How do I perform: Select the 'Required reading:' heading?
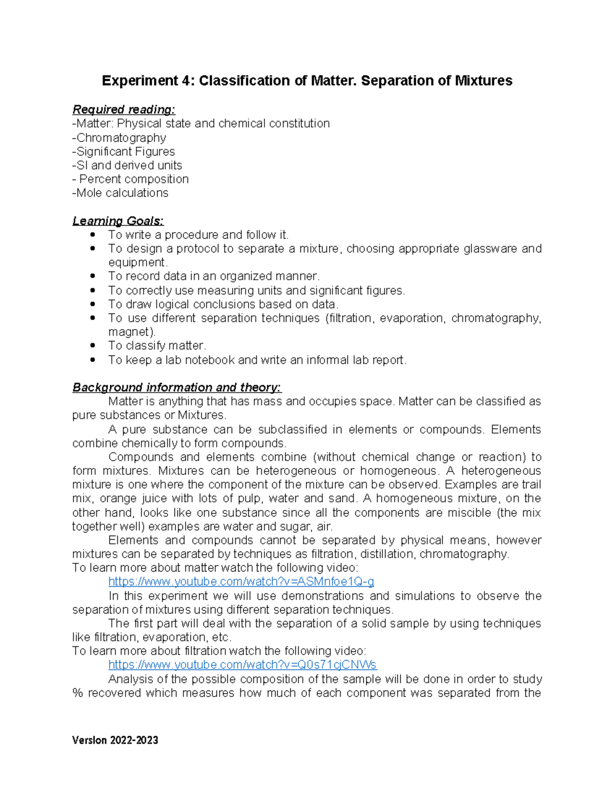(x=124, y=110)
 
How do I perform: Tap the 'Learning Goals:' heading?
(x=118, y=221)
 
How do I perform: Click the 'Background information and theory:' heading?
(x=177, y=387)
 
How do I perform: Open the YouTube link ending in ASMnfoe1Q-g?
(x=241, y=582)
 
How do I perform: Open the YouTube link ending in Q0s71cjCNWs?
(x=242, y=665)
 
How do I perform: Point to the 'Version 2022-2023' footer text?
(x=115, y=740)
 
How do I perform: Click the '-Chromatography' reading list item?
(x=119, y=138)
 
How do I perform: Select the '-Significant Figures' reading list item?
(x=124, y=152)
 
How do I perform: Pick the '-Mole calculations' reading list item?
(x=120, y=193)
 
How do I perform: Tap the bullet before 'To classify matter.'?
(x=93, y=346)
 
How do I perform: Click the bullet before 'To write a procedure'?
(x=93, y=235)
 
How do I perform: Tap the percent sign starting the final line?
(x=77, y=693)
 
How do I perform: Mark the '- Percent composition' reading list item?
(x=131, y=179)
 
